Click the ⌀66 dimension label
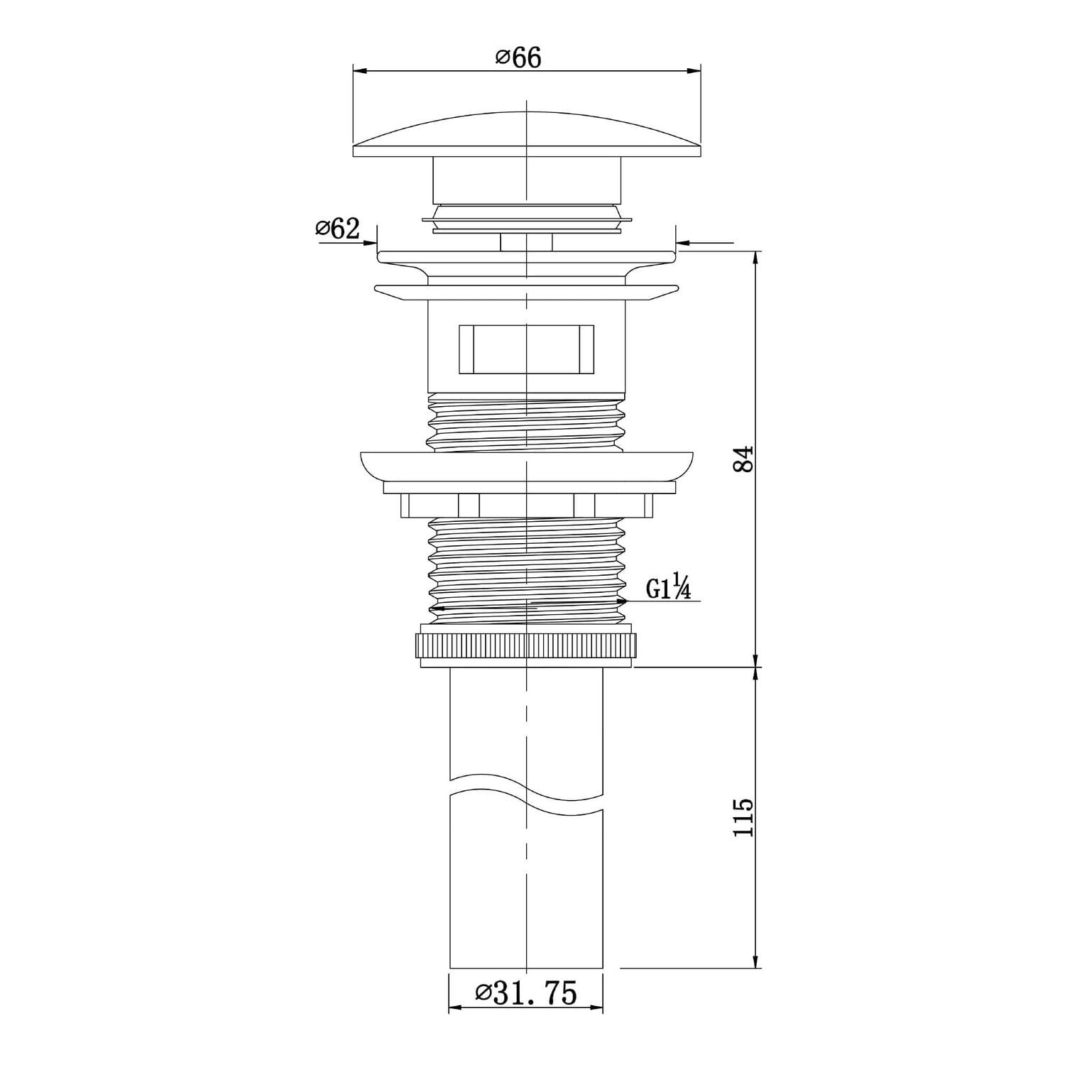pos(518,58)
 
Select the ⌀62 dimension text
pos(338,229)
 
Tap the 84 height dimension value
pos(742,459)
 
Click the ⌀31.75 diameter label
pos(526,992)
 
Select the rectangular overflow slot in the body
pos(526,349)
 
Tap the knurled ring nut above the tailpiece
pos(526,645)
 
